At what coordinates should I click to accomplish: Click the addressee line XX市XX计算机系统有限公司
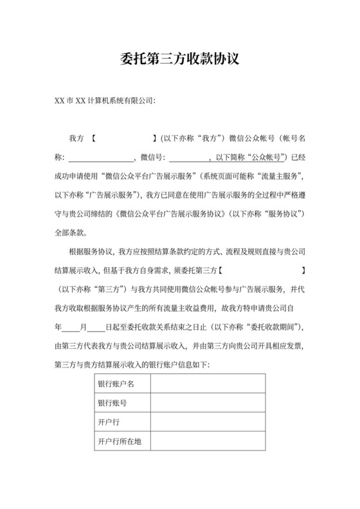click(x=105, y=101)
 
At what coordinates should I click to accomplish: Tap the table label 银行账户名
click(x=116, y=384)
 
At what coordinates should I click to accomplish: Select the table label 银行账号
click(x=112, y=403)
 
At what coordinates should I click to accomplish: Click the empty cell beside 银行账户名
click(x=207, y=384)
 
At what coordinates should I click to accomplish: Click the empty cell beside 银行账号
click(x=207, y=403)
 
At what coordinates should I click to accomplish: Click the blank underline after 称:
click(x=100, y=157)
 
